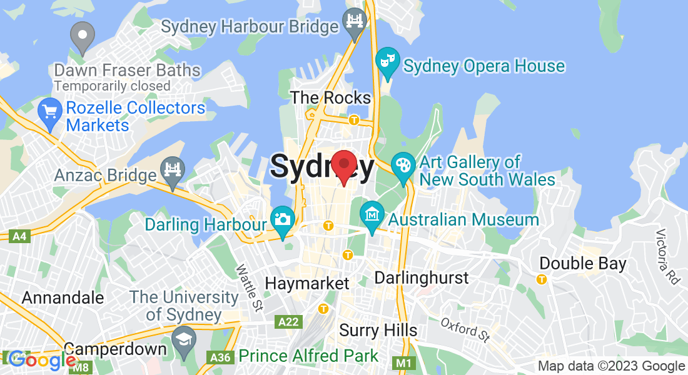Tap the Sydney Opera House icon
tap(388, 62)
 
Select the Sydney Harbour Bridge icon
tap(355, 24)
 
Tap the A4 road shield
tap(21, 236)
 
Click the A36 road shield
tap(217, 357)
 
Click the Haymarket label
tap(307, 283)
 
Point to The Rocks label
tap(331, 97)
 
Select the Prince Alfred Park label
tap(308, 356)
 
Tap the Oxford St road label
tap(465, 330)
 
